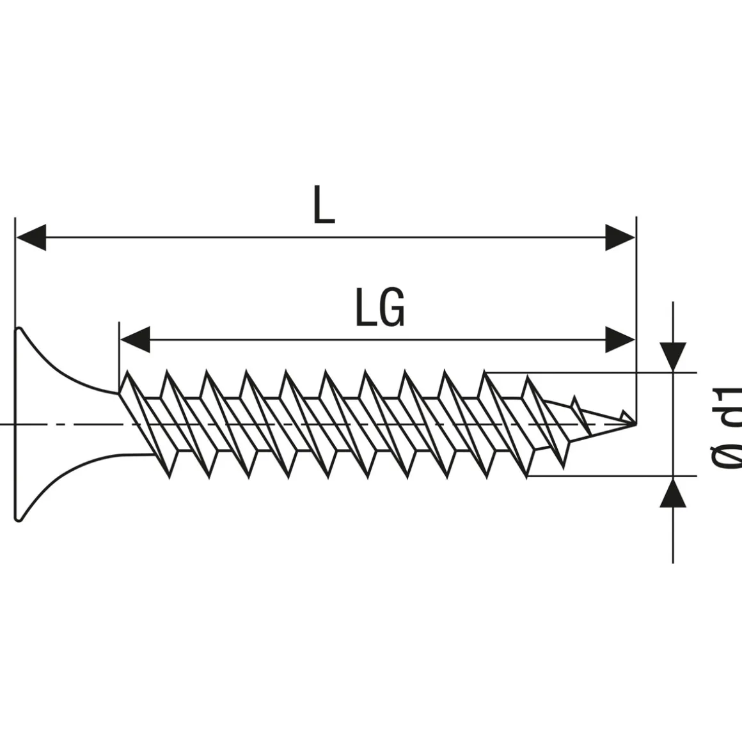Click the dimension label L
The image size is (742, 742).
(324, 206)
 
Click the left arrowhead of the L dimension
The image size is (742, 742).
(31, 237)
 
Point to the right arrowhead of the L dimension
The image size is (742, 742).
(620, 237)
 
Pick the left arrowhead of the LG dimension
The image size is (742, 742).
(135, 340)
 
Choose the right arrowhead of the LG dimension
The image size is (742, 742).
(620, 340)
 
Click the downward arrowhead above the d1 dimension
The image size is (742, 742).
(673, 356)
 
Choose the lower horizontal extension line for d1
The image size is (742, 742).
(608, 476)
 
